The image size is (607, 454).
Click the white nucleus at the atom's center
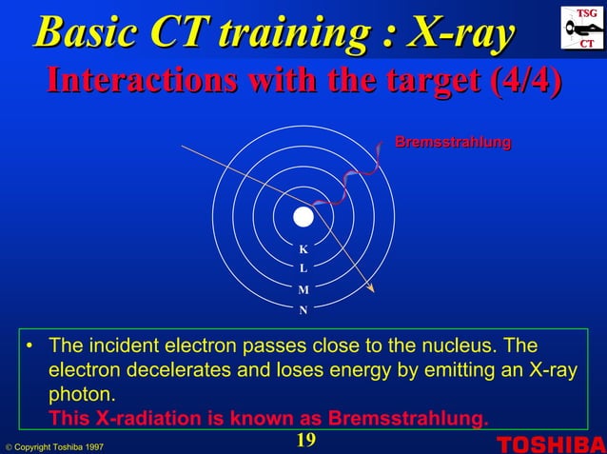tap(303, 217)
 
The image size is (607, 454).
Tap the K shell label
tap(303, 249)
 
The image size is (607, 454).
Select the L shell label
tap(303, 268)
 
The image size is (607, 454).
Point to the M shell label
tap(303, 289)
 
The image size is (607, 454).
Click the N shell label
tap(303, 310)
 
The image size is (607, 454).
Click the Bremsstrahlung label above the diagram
tap(452, 142)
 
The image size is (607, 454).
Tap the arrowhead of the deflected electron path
tap(371, 287)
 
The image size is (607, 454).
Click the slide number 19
tap(304, 439)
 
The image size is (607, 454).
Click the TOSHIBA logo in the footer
tap(550, 444)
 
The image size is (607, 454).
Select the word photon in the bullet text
tap(83, 393)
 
